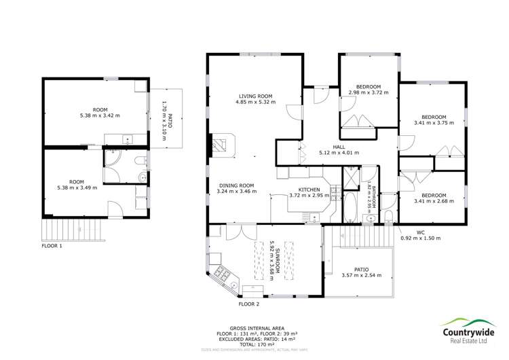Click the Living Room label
pos(255,96)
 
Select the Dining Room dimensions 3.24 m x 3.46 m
pos(236,193)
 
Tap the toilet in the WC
pos(387,217)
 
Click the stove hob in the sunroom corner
pos(222,274)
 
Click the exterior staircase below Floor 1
pos(75,229)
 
